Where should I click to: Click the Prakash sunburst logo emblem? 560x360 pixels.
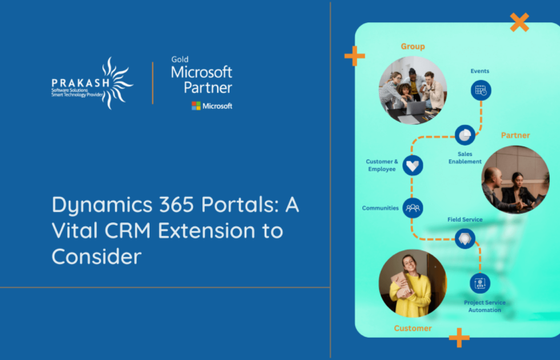pyautogui.click(x=114, y=82)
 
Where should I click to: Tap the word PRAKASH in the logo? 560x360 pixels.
pyautogui.click(x=75, y=82)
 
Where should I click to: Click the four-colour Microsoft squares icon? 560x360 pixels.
pyautogui.click(x=196, y=106)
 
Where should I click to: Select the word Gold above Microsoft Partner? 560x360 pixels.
pyautogui.click(x=180, y=59)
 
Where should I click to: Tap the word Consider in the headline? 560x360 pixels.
pyautogui.click(x=96, y=257)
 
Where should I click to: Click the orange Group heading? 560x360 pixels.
pyautogui.click(x=413, y=46)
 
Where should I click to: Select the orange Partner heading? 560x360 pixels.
pyautogui.click(x=515, y=135)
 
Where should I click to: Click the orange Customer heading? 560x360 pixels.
pyautogui.click(x=413, y=328)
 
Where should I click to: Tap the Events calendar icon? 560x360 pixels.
pyautogui.click(x=480, y=90)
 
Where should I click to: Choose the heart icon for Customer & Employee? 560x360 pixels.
pyautogui.click(x=413, y=166)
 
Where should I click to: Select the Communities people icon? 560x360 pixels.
pyautogui.click(x=413, y=208)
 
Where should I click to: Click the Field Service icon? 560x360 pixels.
pyautogui.click(x=465, y=238)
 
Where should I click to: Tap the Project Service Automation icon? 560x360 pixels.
pyautogui.click(x=480, y=283)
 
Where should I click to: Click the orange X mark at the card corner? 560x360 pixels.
pyautogui.click(x=519, y=22)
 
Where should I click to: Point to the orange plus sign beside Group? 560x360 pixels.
pyautogui.click(x=354, y=55)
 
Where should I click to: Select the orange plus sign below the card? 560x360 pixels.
pyautogui.click(x=459, y=337)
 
